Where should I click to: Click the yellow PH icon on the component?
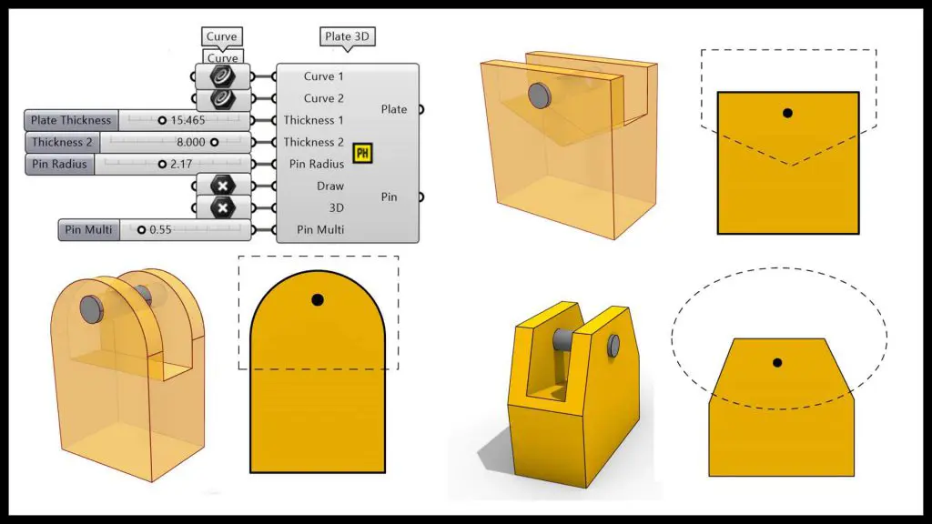coord(362,153)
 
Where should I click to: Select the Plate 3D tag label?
coord(347,36)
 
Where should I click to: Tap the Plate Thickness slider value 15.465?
coord(187,120)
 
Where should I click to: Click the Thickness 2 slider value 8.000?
coord(191,142)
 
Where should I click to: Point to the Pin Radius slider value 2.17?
coord(181,164)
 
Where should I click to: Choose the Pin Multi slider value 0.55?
coord(160,230)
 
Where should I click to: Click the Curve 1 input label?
coord(323,76)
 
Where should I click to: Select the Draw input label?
coord(329,186)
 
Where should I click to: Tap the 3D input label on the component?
coord(337,208)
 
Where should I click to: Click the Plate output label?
coord(393,109)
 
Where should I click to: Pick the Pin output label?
coord(389,196)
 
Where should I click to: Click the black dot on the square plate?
coord(787,113)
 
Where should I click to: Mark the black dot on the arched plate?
coord(318,300)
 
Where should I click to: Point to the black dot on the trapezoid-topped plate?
coord(777,362)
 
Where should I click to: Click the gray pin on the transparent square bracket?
coord(539,95)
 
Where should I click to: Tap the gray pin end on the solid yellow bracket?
coord(613,346)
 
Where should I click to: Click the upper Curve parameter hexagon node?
coord(222,76)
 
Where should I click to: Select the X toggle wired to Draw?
coord(222,186)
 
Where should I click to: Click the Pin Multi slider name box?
coord(88,230)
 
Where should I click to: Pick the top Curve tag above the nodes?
coord(222,36)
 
